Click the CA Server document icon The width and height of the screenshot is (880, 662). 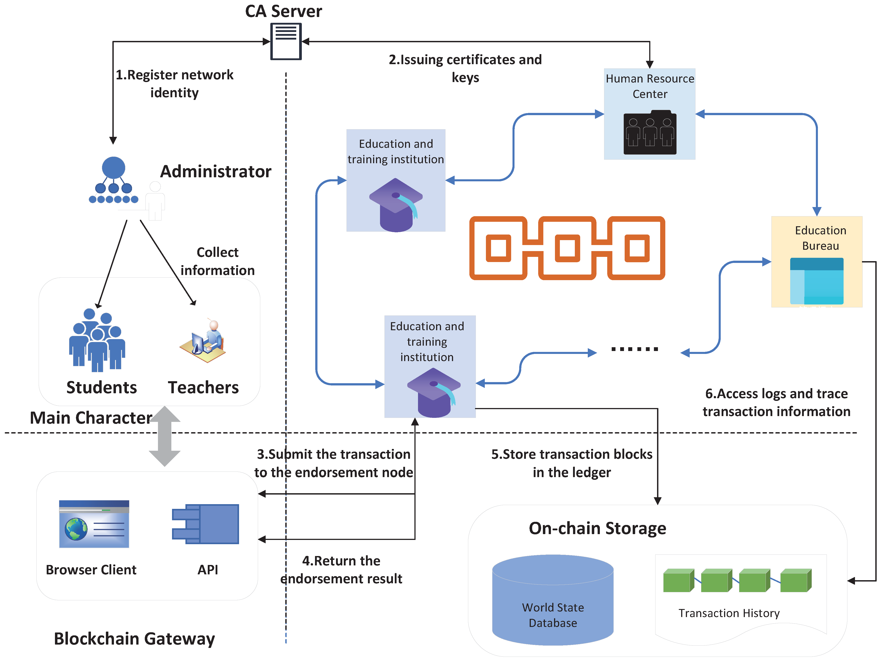286,41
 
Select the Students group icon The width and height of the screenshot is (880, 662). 97,340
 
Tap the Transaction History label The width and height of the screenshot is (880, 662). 729,613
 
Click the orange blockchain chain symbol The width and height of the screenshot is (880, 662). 567,248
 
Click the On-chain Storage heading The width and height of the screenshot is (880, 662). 597,528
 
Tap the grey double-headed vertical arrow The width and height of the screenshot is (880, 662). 165,436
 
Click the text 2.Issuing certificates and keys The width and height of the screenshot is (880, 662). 465,68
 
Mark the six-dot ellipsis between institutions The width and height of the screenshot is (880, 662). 634,349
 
